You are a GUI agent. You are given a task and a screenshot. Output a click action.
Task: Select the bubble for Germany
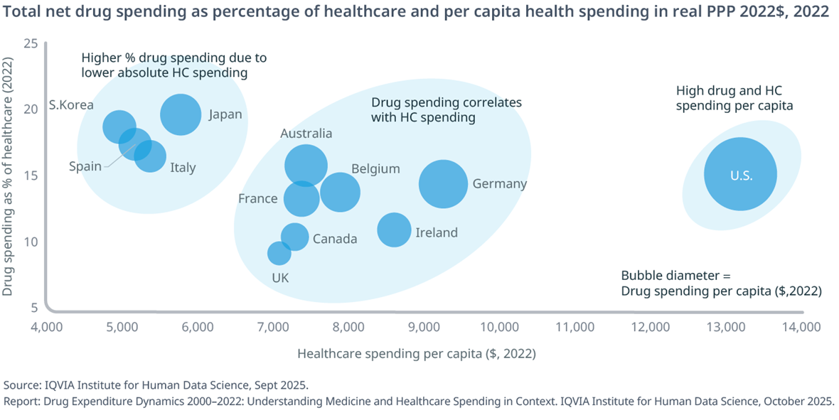[443, 184]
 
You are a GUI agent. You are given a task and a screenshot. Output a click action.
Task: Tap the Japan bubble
[181, 114]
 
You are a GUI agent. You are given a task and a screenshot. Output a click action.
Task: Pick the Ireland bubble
[394, 230]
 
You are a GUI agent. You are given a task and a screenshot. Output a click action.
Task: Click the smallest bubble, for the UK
[279, 253]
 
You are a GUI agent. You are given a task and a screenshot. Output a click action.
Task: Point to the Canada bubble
[294, 237]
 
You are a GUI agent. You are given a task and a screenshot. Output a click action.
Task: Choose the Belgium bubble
[340, 191]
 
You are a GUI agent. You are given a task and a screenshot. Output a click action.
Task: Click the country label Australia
[306, 133]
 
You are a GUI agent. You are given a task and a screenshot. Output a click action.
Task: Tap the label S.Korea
[71, 105]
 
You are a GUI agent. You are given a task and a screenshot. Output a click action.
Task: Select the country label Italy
[183, 168]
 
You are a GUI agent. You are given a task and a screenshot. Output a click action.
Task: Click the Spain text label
[85, 166]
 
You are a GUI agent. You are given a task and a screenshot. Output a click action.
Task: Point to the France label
[258, 198]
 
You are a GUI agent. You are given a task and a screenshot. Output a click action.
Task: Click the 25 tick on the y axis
[31, 43]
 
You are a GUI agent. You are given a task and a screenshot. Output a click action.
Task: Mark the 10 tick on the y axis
[31, 242]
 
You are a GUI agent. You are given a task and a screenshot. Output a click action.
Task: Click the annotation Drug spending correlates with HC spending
[447, 110]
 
